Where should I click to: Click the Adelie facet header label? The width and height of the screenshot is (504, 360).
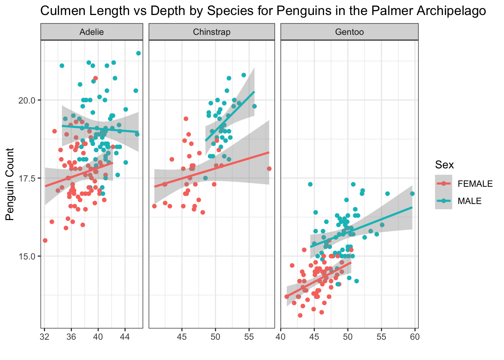[x=91, y=32]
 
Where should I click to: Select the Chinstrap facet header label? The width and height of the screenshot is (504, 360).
[x=211, y=32]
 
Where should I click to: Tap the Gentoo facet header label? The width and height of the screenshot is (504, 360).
[x=349, y=32]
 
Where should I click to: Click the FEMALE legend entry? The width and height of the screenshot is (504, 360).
[x=475, y=184]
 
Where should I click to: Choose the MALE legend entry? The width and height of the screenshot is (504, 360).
[x=469, y=201]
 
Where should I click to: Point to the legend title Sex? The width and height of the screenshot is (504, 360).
[x=444, y=165]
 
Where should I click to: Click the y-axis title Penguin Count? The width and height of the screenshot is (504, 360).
[x=10, y=184]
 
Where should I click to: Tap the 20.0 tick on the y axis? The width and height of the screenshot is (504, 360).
[x=27, y=100]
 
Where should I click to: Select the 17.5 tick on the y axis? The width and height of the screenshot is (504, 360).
[x=27, y=178]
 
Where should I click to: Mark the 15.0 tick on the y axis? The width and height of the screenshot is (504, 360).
[x=27, y=256]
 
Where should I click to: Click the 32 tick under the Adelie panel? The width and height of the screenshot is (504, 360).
[x=44, y=337]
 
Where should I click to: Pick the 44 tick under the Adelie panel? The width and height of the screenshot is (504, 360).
[x=125, y=337]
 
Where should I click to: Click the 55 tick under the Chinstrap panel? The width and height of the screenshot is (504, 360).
[x=249, y=337]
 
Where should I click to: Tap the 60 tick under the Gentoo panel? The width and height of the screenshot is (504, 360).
[x=415, y=337]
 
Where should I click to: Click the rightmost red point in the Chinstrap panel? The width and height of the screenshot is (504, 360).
[x=269, y=169]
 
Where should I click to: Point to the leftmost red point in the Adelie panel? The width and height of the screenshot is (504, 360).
[x=45, y=240]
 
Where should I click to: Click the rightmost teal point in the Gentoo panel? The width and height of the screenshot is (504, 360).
[x=412, y=193]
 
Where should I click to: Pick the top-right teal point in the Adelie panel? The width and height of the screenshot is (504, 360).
[x=138, y=53]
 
